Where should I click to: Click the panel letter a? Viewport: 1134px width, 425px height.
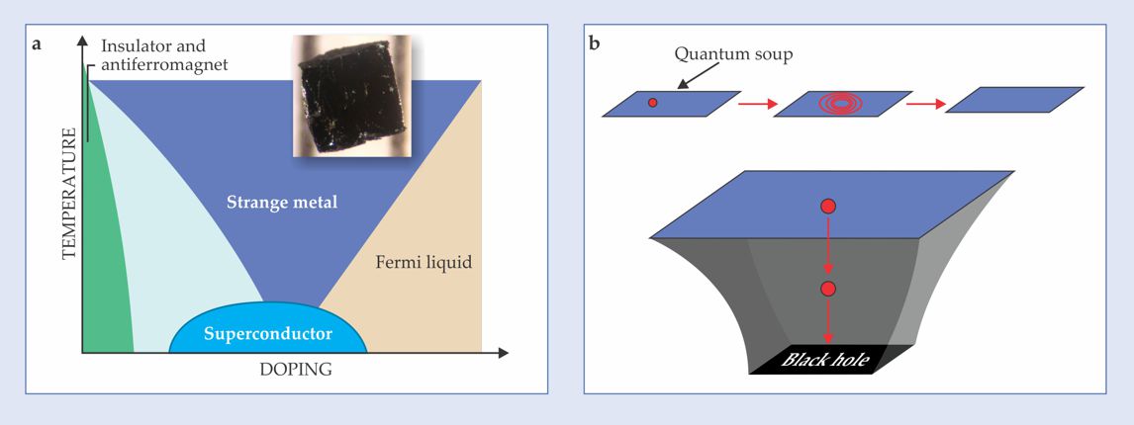click(37, 43)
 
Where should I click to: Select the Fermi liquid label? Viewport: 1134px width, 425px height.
click(424, 263)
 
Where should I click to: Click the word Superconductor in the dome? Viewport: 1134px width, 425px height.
click(267, 333)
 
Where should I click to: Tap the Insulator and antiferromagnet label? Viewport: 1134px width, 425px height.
click(163, 56)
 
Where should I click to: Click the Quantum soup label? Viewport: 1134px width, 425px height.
click(733, 54)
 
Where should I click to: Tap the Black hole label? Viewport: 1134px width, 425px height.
click(825, 361)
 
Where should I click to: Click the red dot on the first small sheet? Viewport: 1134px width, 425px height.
click(652, 103)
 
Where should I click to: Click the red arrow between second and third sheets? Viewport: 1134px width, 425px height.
click(926, 102)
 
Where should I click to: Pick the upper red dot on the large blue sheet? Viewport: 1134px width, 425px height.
click(829, 207)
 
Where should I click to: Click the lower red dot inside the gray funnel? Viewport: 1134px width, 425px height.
click(829, 289)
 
